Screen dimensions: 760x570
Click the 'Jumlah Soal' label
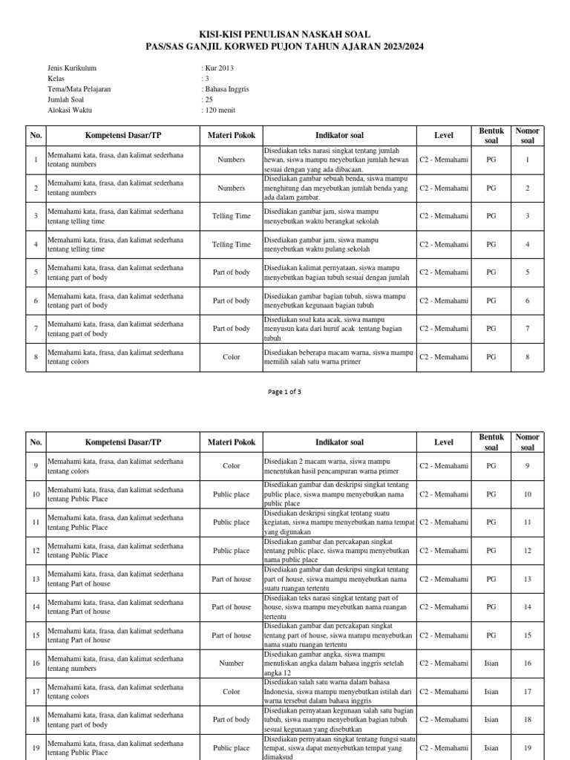click(66, 99)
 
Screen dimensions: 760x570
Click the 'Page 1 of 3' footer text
click(285, 392)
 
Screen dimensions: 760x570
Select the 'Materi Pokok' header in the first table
click(232, 135)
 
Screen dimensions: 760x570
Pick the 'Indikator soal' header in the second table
click(339, 442)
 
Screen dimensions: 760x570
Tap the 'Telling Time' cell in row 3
click(232, 216)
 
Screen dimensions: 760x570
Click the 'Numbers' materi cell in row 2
click(232, 188)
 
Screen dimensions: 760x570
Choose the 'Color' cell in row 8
click(232, 357)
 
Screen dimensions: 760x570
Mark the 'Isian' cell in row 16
click(491, 663)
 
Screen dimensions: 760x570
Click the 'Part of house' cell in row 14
click(232, 606)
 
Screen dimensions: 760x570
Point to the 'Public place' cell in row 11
click(232, 522)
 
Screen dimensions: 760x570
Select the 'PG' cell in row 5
click(491, 272)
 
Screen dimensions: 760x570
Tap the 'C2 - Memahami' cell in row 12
click(444, 550)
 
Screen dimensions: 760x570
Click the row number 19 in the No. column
click(36, 747)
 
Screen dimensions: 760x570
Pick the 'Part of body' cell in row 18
click(232, 719)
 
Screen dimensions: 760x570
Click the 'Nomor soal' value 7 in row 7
click(528, 329)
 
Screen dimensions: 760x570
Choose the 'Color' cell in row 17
click(232, 691)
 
